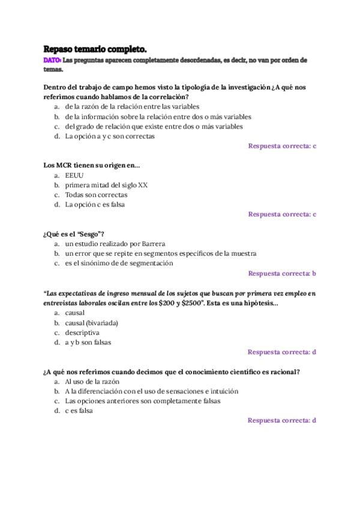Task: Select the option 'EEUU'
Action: pos(74,175)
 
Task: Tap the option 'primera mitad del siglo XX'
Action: pos(106,185)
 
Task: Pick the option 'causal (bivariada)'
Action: pos(92,323)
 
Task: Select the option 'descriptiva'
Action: pos(82,333)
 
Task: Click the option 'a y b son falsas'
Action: pos(88,342)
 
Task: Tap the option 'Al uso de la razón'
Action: pos(92,381)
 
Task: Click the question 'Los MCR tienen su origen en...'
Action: pos(91,165)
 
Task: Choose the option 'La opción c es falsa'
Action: pos(95,204)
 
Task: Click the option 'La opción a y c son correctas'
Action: pos(110,136)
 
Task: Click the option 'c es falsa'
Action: pos(79,411)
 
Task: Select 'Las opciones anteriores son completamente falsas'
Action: pos(143,400)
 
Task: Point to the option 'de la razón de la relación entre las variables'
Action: pos(133,107)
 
